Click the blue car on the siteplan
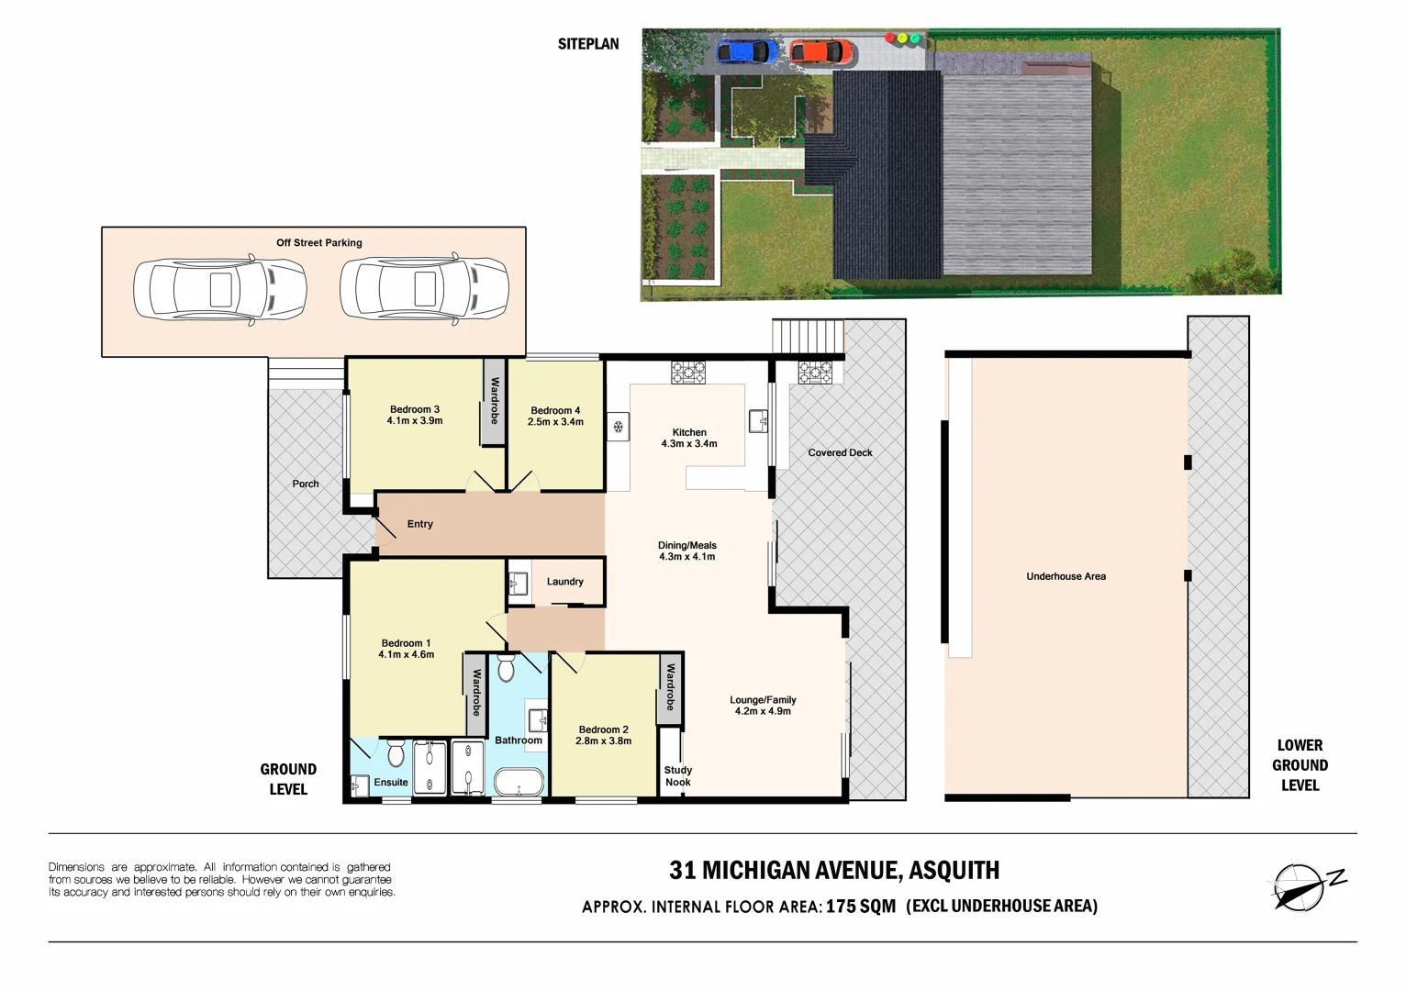click(747, 51)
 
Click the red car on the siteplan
click(819, 51)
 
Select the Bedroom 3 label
click(415, 409)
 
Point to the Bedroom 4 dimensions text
click(555, 422)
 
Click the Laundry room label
click(564, 582)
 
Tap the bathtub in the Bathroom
click(519, 783)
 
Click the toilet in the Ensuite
click(396, 752)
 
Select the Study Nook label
click(678, 776)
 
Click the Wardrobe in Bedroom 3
click(494, 402)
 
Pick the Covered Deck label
click(840, 452)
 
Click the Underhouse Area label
click(1066, 576)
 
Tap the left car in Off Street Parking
click(219, 289)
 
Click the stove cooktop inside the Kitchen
click(688, 373)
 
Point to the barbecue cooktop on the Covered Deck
click(815, 373)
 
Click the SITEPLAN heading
click(588, 44)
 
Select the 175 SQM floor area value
click(860, 907)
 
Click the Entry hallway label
click(419, 524)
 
